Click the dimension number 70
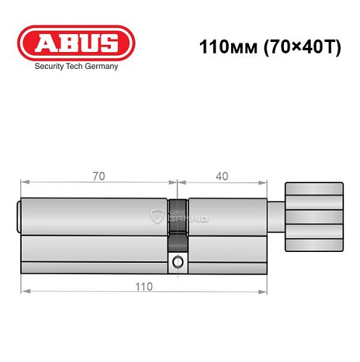(96, 176)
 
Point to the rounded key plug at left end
(20, 216)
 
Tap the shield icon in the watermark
(156, 215)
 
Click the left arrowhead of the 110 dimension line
(24, 290)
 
